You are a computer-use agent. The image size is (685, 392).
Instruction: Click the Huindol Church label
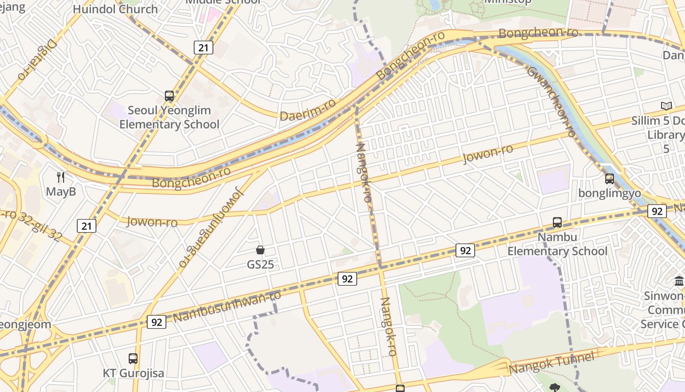tap(115, 9)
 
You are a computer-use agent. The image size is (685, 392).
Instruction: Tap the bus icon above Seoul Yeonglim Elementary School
tap(169, 96)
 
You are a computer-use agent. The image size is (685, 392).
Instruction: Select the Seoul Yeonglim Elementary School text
tap(169, 118)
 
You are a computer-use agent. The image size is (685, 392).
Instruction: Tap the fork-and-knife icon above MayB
tap(61, 177)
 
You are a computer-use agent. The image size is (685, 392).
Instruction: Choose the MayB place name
tap(61, 192)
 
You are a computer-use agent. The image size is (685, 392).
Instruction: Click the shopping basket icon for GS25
tap(260, 250)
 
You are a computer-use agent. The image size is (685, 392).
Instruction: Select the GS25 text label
tap(260, 265)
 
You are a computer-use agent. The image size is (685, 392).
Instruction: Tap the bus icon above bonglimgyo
tap(609, 179)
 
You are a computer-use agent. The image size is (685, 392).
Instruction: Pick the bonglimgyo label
tap(610, 193)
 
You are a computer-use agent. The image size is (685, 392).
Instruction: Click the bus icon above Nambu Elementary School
tap(557, 222)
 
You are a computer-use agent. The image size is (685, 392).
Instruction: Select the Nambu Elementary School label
tap(557, 244)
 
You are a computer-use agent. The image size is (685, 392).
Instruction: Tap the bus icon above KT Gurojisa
tap(133, 359)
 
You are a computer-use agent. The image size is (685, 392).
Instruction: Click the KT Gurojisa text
tap(134, 373)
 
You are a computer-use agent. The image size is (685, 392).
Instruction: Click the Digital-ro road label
tap(38, 60)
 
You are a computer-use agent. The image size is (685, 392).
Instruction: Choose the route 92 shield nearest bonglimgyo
tap(657, 211)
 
